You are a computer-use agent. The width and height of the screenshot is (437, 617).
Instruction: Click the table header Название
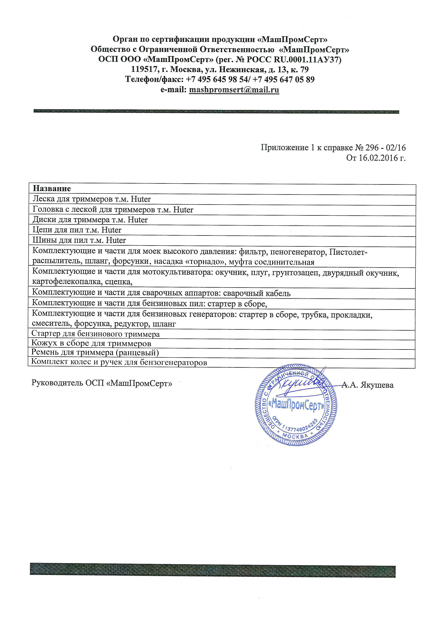[x=52, y=189]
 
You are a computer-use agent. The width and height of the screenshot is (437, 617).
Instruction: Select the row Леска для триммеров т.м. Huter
[x=91, y=199]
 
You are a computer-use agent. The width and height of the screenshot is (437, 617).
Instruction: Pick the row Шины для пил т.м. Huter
[x=79, y=241]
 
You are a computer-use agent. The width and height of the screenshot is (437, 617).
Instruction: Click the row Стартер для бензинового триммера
[x=96, y=334]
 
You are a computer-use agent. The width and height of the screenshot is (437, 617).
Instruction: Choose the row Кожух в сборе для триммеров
[x=91, y=343]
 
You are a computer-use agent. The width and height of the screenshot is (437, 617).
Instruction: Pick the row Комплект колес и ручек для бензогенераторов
[x=119, y=362]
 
